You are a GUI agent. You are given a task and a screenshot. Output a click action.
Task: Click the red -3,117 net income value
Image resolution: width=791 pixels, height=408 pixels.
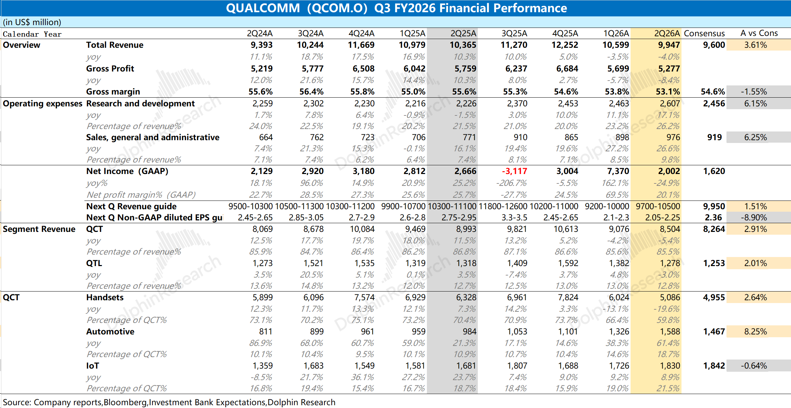click(x=514, y=171)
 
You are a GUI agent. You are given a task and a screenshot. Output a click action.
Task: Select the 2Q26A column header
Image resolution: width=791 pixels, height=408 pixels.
click(x=667, y=33)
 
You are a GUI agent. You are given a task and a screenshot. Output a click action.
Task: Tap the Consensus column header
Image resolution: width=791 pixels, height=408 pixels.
click(x=704, y=33)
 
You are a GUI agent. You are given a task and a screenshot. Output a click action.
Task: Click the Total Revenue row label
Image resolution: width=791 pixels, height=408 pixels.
click(x=115, y=45)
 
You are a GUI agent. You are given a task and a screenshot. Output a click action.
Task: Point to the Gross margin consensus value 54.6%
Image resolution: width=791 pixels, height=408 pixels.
click(x=713, y=92)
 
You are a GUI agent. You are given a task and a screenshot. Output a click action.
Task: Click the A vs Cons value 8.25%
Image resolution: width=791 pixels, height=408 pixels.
click(x=755, y=332)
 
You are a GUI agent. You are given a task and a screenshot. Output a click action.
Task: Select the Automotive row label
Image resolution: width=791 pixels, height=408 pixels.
click(x=110, y=332)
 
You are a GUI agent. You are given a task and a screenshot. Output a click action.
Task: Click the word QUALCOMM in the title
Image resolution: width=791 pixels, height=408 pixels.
click(x=263, y=8)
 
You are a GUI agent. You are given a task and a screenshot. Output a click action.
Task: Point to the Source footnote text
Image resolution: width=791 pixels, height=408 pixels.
click(x=169, y=402)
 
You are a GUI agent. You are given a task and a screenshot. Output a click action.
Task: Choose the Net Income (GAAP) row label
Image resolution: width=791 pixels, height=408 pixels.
click(x=127, y=171)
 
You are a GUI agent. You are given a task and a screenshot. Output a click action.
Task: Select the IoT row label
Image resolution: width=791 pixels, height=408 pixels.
click(x=92, y=366)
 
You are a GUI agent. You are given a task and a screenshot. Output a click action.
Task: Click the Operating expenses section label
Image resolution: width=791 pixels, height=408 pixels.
click(x=43, y=104)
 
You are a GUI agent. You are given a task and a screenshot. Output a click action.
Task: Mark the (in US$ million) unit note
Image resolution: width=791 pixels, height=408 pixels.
click(x=32, y=22)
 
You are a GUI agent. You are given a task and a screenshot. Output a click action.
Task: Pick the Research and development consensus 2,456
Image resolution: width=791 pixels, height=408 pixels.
click(x=714, y=104)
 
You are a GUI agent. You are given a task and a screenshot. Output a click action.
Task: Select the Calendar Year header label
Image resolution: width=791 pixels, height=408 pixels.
click(x=32, y=34)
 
